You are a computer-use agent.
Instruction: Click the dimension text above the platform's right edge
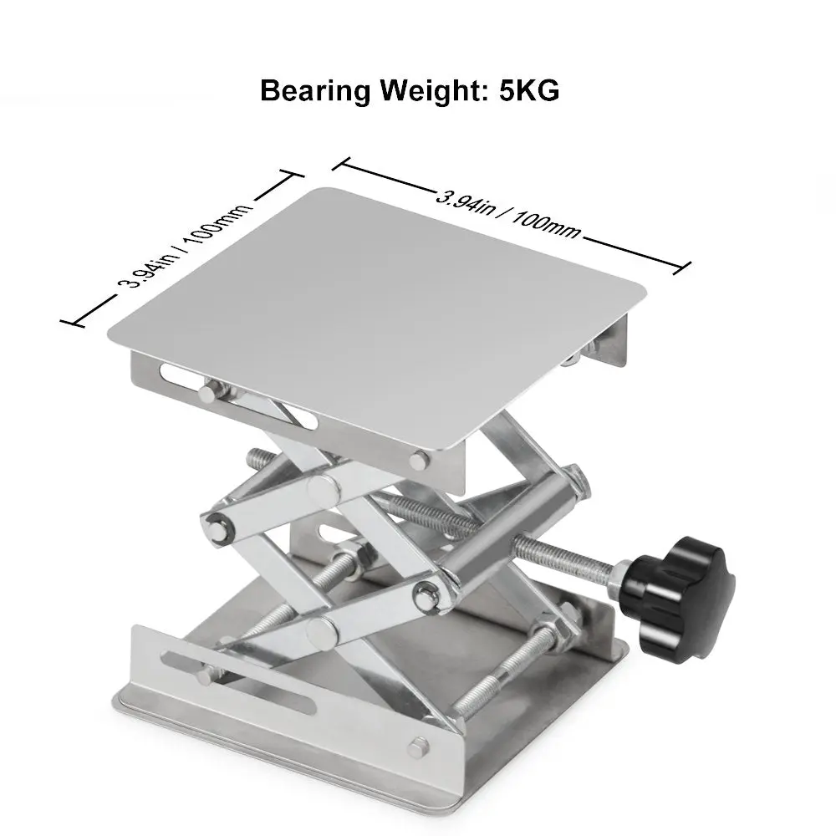508,212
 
